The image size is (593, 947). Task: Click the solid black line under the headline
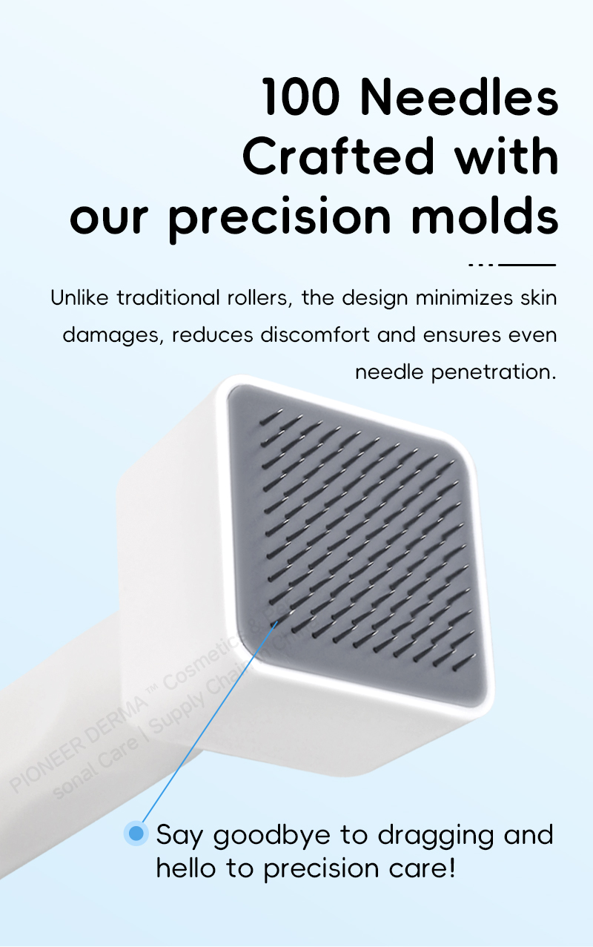pyautogui.click(x=527, y=264)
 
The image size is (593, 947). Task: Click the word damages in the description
pyautogui.click(x=110, y=334)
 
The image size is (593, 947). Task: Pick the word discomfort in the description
pyautogui.click(x=315, y=334)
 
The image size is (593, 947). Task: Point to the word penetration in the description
pyautogui.click(x=492, y=371)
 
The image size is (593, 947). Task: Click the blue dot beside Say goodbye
pyautogui.click(x=136, y=834)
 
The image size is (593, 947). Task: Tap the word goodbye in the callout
pyautogui.click(x=271, y=835)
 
